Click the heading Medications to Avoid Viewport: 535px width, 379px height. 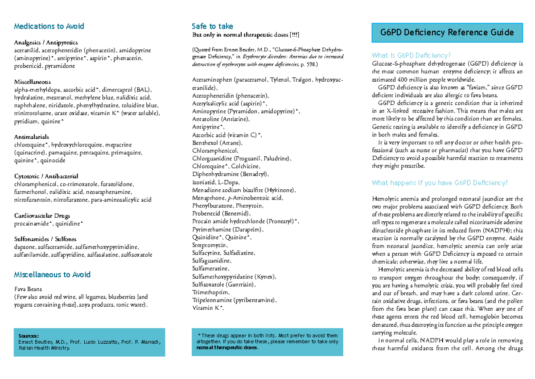point(49,26)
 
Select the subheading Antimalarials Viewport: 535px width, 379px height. point(32,137)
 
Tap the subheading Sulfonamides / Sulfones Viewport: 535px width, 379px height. point(45,239)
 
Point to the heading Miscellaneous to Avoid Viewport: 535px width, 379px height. point(52,275)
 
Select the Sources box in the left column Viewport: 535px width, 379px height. point(90,342)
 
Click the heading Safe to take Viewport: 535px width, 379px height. point(212,26)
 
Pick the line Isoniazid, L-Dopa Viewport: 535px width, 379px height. point(216,182)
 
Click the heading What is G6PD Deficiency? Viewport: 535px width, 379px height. point(411,55)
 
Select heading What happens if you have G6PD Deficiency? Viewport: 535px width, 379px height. point(440,183)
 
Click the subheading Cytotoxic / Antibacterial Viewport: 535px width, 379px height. point(46,176)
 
